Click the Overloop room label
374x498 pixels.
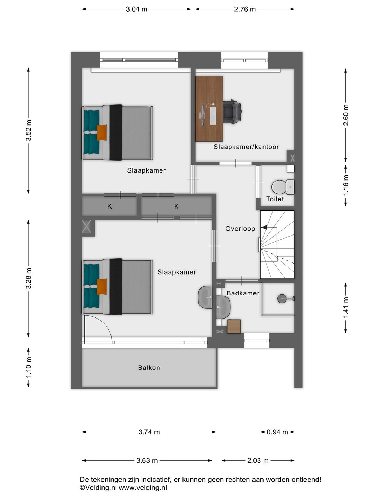click(x=240, y=229)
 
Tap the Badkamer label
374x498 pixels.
click(x=243, y=293)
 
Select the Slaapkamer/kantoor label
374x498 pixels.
click(x=246, y=147)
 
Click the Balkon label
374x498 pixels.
click(x=149, y=368)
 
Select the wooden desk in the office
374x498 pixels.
click(x=209, y=109)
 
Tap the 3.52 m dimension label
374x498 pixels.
click(x=29, y=130)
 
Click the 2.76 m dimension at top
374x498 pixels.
click(x=244, y=9)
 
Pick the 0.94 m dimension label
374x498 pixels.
click(x=277, y=432)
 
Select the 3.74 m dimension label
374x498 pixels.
click(x=149, y=432)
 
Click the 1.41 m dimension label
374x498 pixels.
click(x=346, y=307)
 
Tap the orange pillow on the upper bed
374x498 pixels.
click(x=101, y=132)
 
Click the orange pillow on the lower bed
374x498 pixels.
click(x=101, y=286)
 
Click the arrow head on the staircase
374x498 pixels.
click(x=264, y=228)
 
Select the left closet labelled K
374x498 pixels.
click(x=109, y=206)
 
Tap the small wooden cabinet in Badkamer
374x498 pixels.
click(x=234, y=326)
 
